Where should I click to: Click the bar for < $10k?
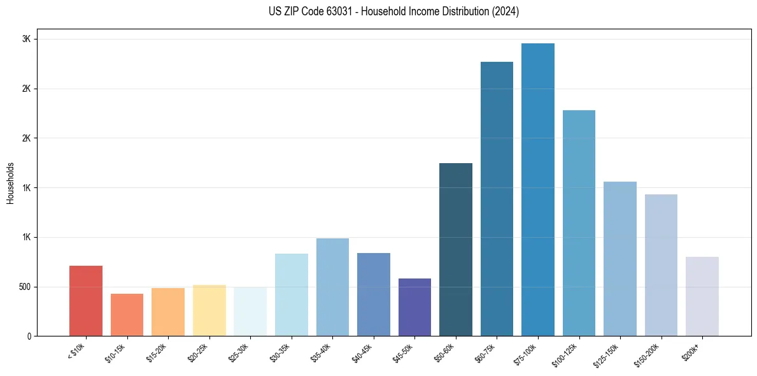pos(86,301)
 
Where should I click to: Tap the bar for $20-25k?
pos(209,310)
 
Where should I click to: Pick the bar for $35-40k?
pos(332,287)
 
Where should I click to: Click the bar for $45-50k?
pos(414,307)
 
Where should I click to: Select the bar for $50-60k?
pos(456,250)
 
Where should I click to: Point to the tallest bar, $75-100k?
pos(538,190)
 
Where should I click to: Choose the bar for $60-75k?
pos(497,199)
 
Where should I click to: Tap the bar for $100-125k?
pos(579,223)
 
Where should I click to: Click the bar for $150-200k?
pos(661,265)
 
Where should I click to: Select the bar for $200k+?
pos(702,296)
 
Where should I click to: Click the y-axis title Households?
pos(11,182)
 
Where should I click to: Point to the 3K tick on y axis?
pos(27,39)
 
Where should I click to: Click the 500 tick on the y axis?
pos(24,287)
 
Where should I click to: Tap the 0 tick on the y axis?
pos(29,336)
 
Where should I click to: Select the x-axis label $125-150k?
pos(607,354)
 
